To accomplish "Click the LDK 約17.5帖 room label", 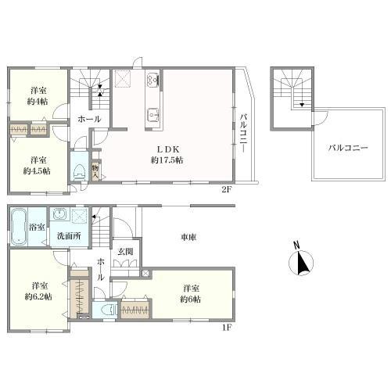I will pos(167,154).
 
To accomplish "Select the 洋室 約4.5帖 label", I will pos(37,165).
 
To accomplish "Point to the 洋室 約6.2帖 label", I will pos(37,290).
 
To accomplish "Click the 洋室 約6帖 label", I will pos(192,292).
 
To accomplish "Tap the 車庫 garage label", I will pos(188,238).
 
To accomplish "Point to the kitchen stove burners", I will pos(152,79).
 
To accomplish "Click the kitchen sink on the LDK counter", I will pos(152,113).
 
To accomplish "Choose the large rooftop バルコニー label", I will pos(343,145).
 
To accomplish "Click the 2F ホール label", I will pos(88,120).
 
